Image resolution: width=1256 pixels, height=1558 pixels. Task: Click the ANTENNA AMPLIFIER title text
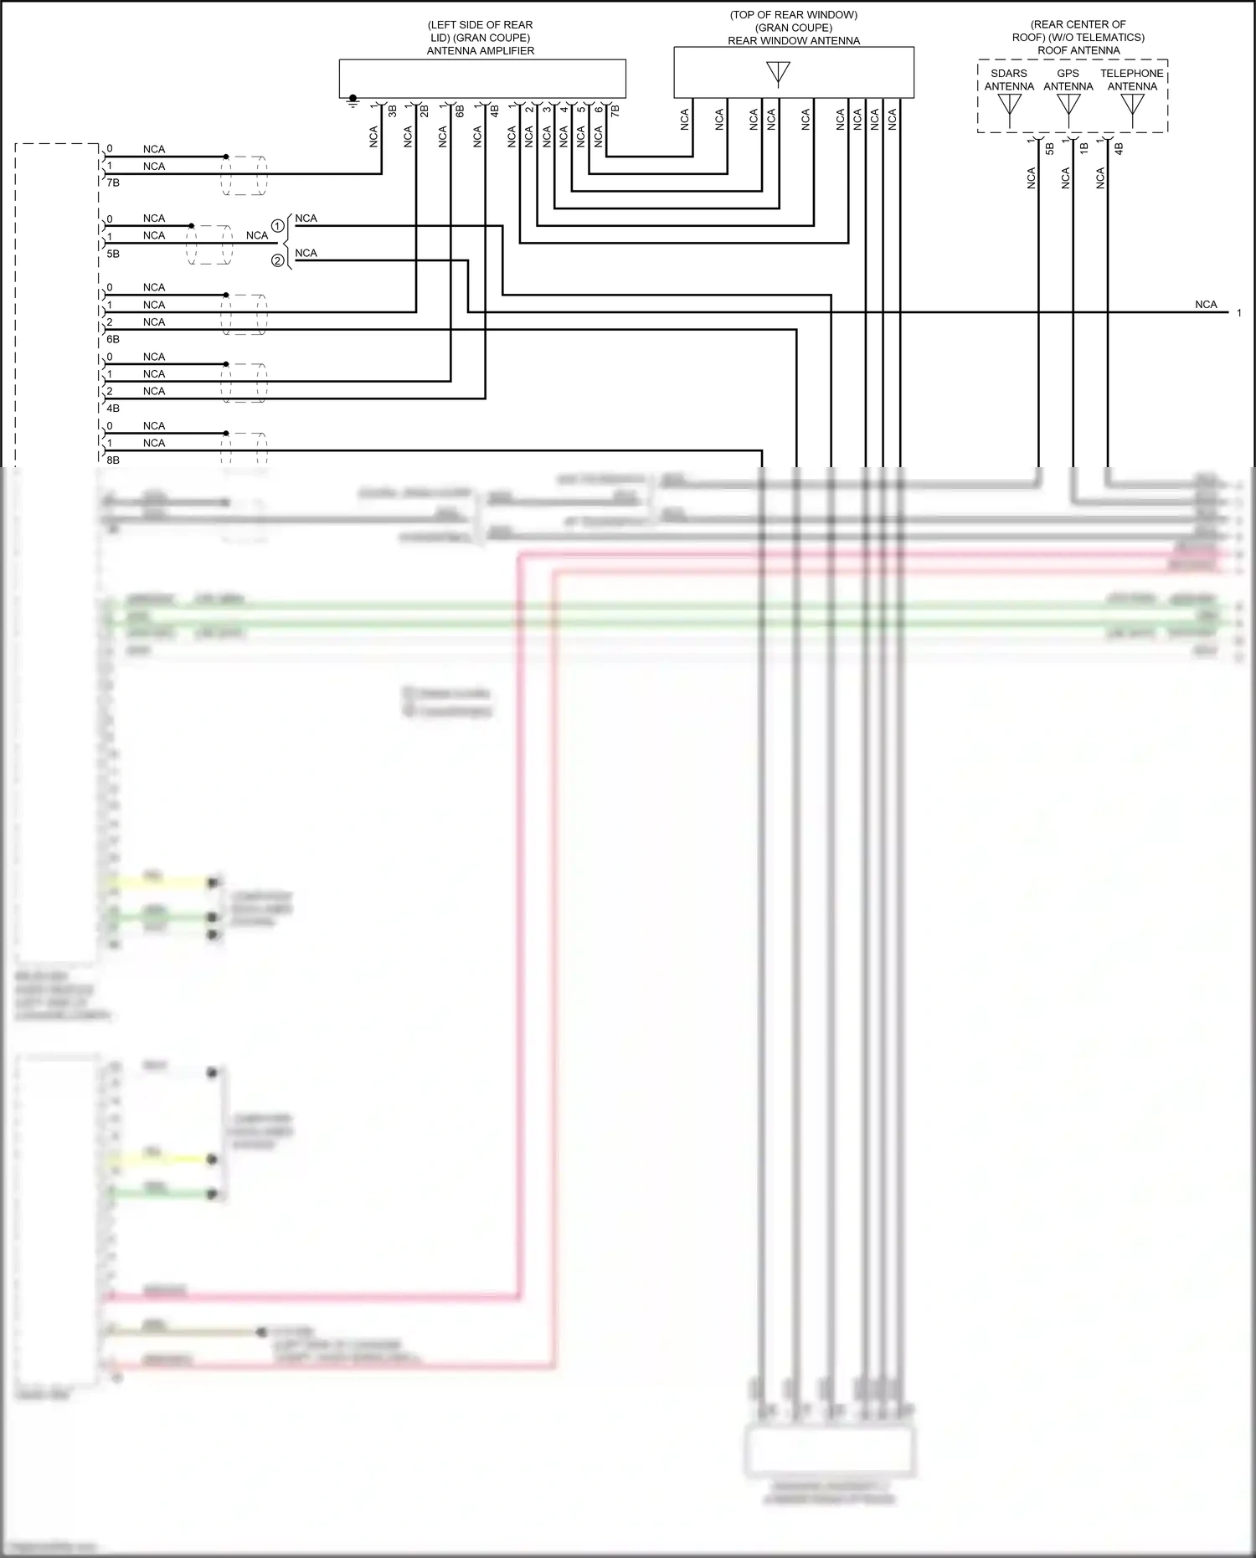pyautogui.click(x=480, y=51)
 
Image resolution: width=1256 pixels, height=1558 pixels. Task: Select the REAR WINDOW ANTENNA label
pyautogui.click(x=793, y=40)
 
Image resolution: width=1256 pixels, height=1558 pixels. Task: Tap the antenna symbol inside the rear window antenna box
pyautogui.click(x=778, y=74)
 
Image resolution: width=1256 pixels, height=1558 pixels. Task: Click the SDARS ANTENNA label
pyautogui.click(x=1008, y=80)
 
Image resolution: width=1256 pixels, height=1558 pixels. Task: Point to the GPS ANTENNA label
pyautogui.click(x=1068, y=80)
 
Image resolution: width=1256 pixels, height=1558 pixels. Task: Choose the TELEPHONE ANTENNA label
pyautogui.click(x=1131, y=80)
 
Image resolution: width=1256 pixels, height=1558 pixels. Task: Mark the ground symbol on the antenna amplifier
pyautogui.click(x=353, y=100)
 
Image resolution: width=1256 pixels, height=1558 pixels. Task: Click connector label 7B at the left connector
pyautogui.click(x=113, y=183)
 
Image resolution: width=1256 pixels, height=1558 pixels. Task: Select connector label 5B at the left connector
pyautogui.click(x=113, y=253)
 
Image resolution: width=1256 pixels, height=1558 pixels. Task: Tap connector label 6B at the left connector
pyautogui.click(x=113, y=339)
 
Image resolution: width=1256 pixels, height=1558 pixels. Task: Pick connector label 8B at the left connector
pyautogui.click(x=113, y=460)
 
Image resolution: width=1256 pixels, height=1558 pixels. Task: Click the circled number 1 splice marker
pyautogui.click(x=277, y=226)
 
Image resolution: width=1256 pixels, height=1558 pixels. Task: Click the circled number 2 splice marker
pyautogui.click(x=277, y=261)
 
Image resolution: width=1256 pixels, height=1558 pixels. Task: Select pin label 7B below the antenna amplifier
pyautogui.click(x=615, y=111)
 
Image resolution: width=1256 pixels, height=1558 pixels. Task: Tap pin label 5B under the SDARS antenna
pyautogui.click(x=1050, y=148)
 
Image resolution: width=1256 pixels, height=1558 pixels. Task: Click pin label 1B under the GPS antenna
pyautogui.click(x=1084, y=148)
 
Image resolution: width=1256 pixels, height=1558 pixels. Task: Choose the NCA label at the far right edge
pyautogui.click(x=1206, y=305)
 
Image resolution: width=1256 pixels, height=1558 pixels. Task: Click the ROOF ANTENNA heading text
pyautogui.click(x=1078, y=50)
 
